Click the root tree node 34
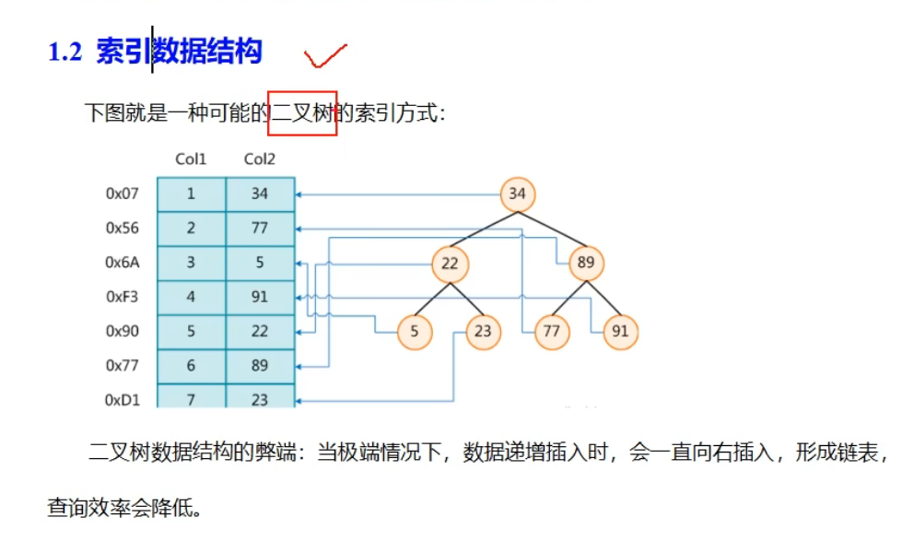point(518,194)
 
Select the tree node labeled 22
point(450,264)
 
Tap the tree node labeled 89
point(586,264)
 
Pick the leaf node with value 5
point(416,332)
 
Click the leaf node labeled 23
point(484,332)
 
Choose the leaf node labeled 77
point(552,332)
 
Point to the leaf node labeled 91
point(620,332)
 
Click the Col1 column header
point(192,159)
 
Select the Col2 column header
point(260,159)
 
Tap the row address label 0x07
point(122,194)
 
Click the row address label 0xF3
point(122,298)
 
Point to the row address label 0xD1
point(122,400)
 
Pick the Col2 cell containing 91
point(260,298)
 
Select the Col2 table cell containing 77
point(260,229)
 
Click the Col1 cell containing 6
point(192,366)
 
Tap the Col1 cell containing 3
point(192,263)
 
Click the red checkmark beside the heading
point(325,55)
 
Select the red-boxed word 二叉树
point(302,113)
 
